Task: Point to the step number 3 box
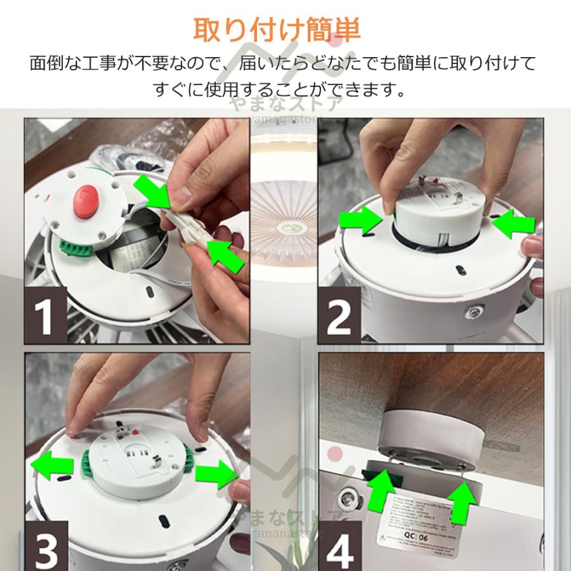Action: tap(45, 547)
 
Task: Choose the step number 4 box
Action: tap(340, 547)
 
